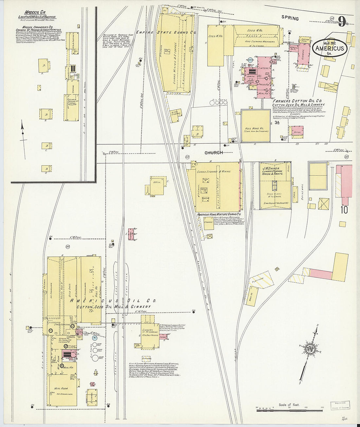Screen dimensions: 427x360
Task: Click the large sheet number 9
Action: pyautogui.click(x=342, y=22)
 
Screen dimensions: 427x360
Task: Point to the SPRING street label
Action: pyautogui.click(x=290, y=18)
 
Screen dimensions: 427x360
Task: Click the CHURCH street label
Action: pyautogui.click(x=214, y=152)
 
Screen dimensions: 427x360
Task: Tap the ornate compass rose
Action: pyautogui.click(x=309, y=347)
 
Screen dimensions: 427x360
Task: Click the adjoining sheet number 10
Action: pyautogui.click(x=345, y=210)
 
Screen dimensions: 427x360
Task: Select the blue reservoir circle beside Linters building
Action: pyautogui.click(x=251, y=60)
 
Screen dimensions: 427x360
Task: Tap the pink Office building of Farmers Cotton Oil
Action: pyautogui.click(x=298, y=133)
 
